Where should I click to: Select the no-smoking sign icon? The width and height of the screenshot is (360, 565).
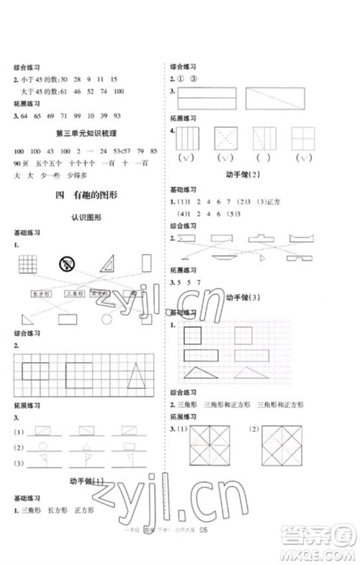68,263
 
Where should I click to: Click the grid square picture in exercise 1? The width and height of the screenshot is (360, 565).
27,264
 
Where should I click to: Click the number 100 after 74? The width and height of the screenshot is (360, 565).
119,91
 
